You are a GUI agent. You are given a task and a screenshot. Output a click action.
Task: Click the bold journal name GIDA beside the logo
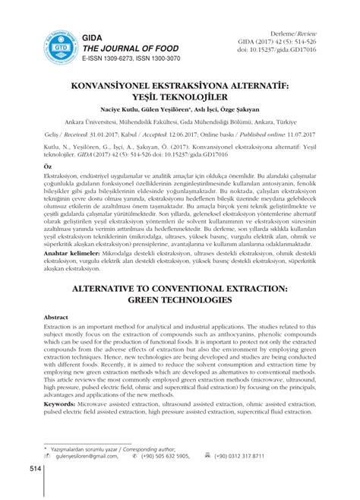92,36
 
